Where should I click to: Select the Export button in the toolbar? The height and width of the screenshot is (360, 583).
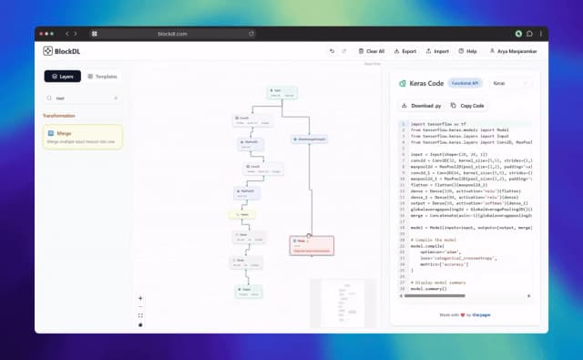click(x=404, y=51)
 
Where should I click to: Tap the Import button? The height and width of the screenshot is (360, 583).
click(x=437, y=51)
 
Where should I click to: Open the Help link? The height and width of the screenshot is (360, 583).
click(x=468, y=51)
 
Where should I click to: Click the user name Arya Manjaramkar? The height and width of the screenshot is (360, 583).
click(x=516, y=51)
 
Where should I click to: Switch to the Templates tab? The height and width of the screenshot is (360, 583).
click(x=102, y=76)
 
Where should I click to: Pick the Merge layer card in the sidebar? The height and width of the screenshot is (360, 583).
click(x=83, y=137)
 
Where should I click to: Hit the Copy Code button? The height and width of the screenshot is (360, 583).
click(x=468, y=106)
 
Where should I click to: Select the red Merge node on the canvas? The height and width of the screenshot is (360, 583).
click(x=312, y=244)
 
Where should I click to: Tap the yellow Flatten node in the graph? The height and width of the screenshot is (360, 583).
click(x=243, y=214)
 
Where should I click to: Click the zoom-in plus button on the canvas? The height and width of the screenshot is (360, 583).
click(x=140, y=298)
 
